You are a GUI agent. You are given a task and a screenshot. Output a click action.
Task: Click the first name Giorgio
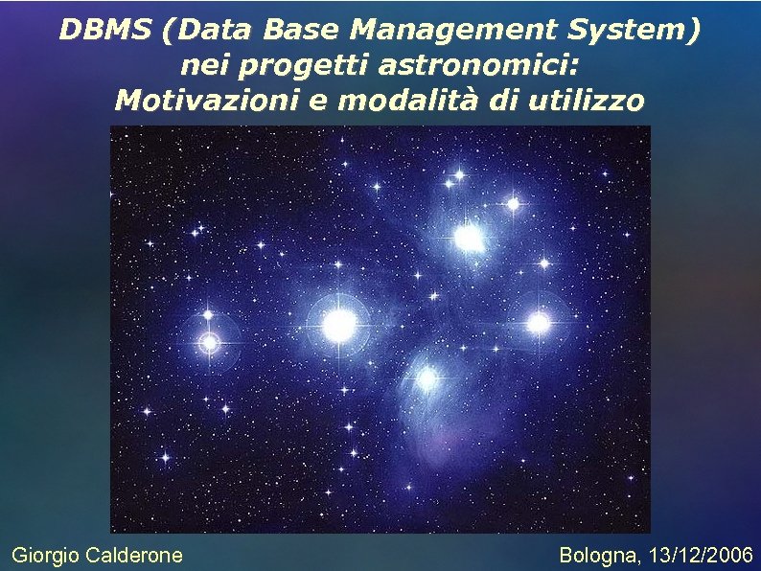click(x=44, y=555)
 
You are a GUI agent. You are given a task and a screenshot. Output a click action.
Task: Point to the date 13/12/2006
click(x=702, y=555)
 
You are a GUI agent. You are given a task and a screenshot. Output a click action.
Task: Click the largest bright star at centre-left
click(x=339, y=326)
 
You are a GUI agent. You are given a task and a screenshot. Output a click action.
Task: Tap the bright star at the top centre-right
click(x=469, y=237)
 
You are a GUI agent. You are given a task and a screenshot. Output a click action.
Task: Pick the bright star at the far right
click(x=539, y=323)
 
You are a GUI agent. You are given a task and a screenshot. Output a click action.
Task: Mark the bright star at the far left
click(x=209, y=341)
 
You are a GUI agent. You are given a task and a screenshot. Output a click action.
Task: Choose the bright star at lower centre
click(x=427, y=378)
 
